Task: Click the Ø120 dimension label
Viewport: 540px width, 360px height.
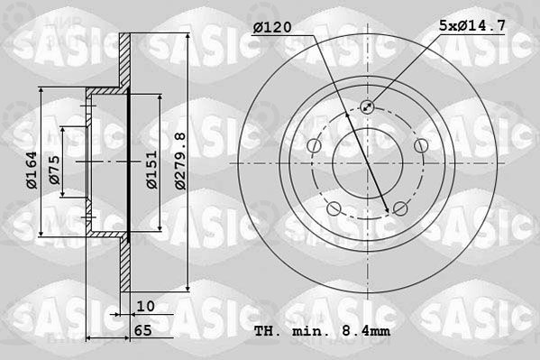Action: [x=272, y=27]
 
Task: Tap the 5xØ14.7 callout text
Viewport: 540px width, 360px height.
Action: [x=472, y=25]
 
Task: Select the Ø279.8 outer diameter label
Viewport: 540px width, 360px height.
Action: [x=180, y=161]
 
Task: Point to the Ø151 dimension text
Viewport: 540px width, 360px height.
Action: [x=151, y=170]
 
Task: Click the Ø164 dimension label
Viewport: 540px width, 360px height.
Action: [x=32, y=170]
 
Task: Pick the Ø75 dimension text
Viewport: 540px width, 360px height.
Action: [x=54, y=170]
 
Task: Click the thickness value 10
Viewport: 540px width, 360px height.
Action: [x=146, y=306]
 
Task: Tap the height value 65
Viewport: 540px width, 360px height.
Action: [x=143, y=330]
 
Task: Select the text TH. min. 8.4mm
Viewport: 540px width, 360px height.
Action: [x=323, y=331]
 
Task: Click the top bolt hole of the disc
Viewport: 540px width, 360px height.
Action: [x=368, y=106]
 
